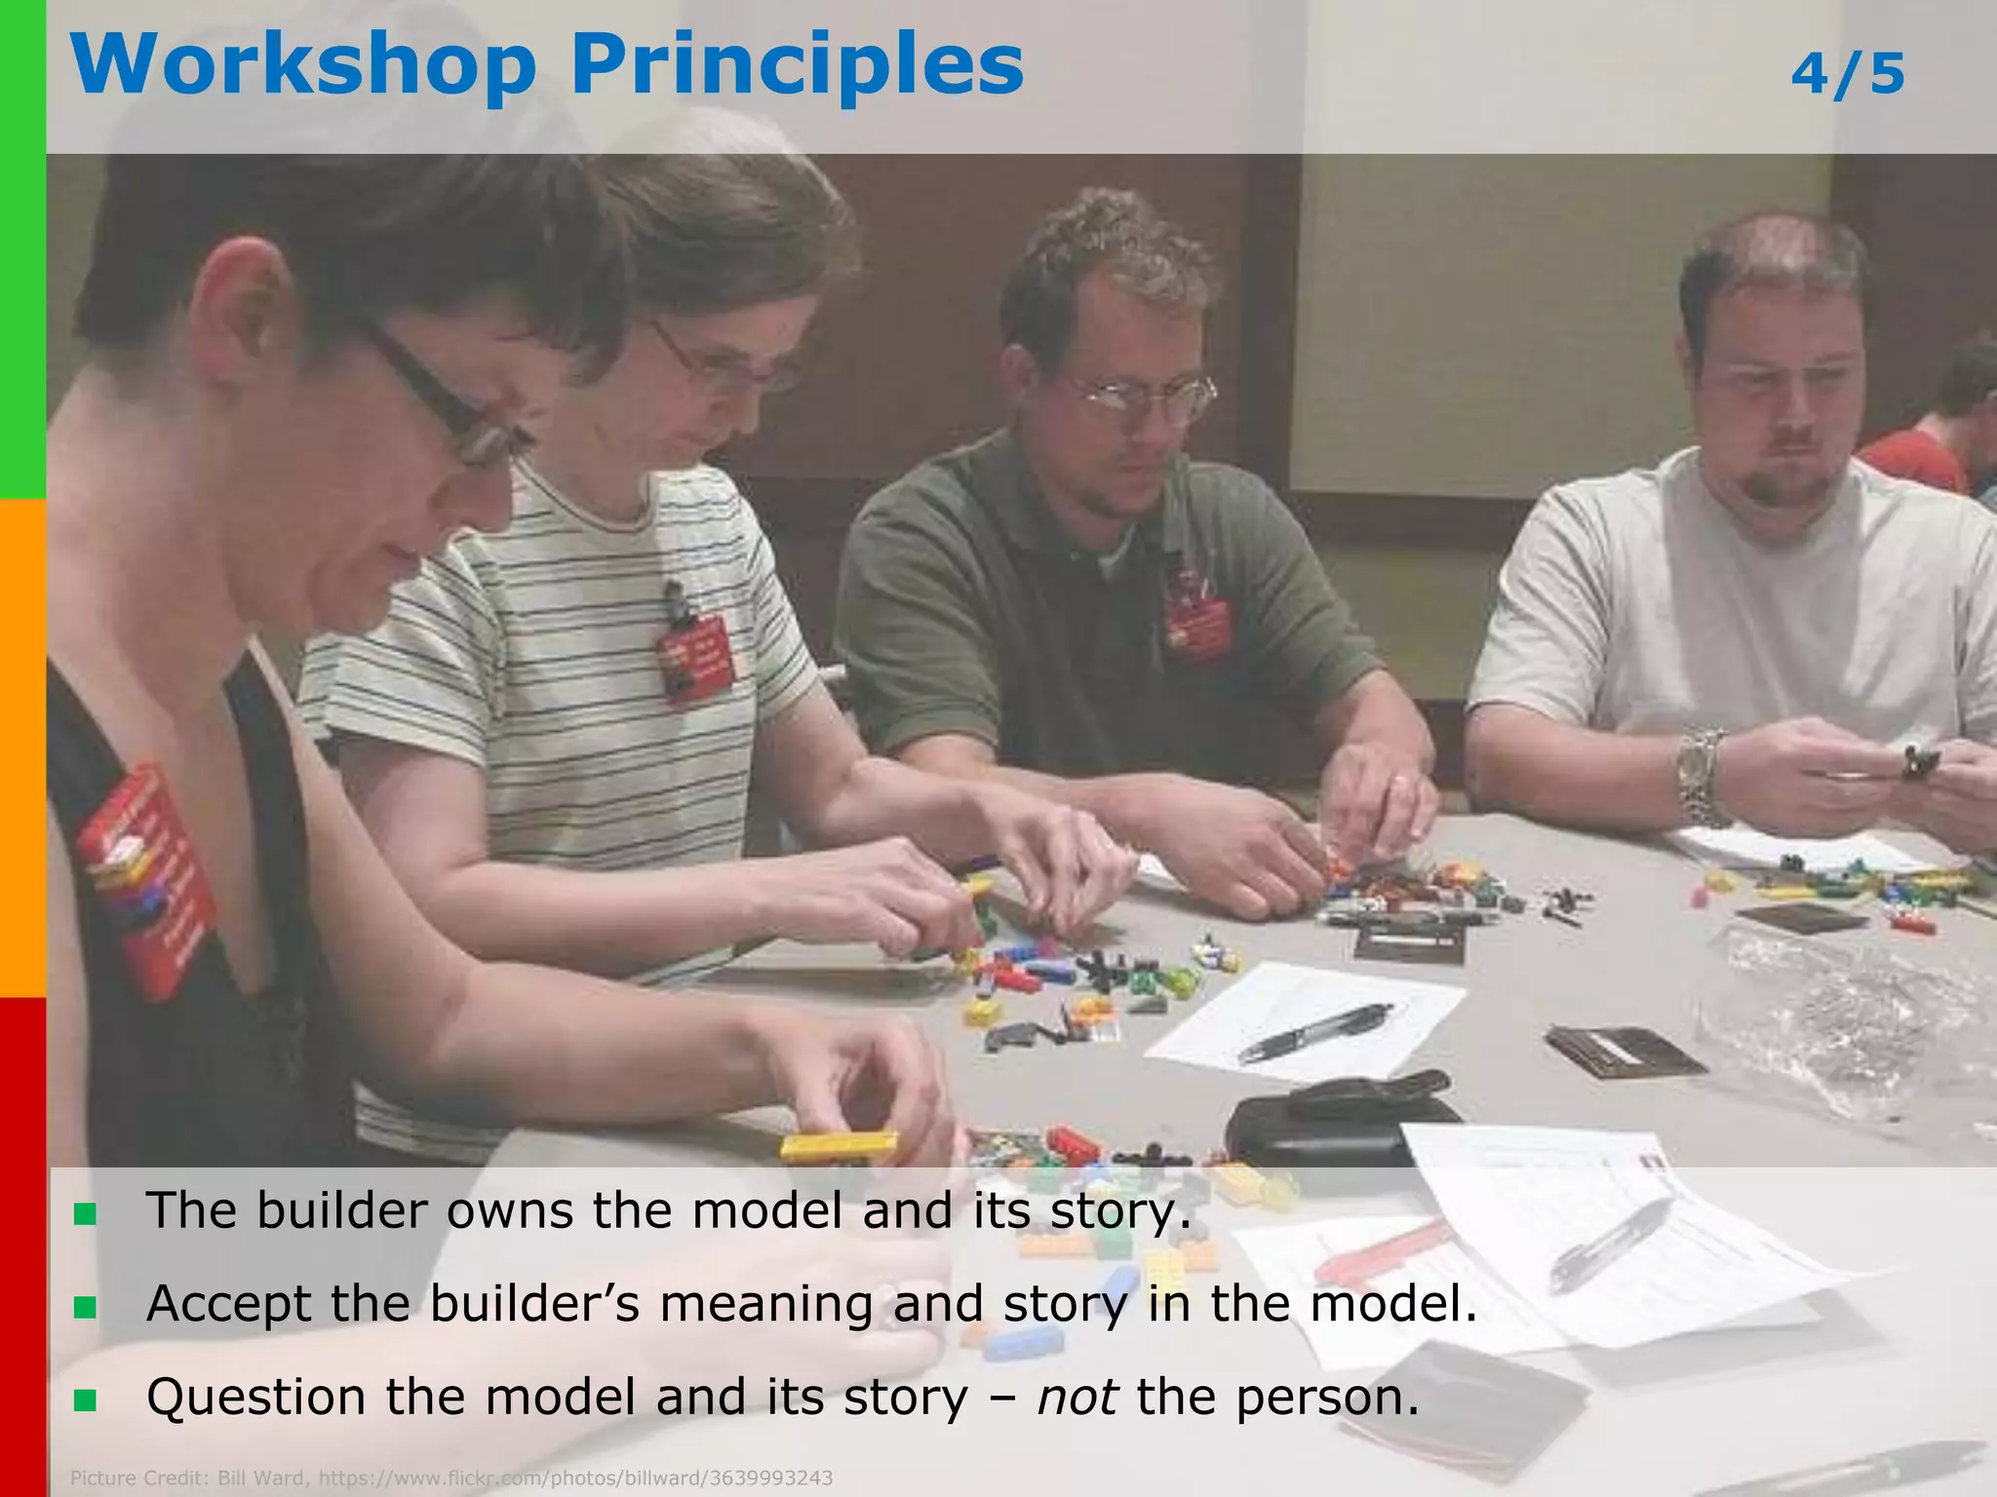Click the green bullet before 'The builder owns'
(x=85, y=1214)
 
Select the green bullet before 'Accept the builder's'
(x=85, y=1307)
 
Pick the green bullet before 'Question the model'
(x=85, y=1401)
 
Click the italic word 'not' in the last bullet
(x=1077, y=1397)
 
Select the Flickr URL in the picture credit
(x=575, y=1478)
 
